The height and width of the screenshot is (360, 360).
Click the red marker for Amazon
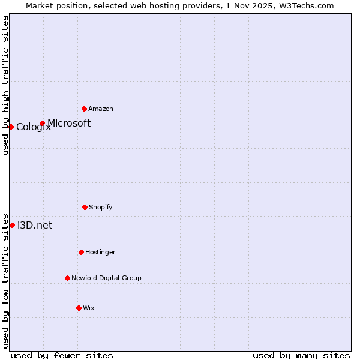click(85, 109)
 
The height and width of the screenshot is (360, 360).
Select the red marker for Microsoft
click(42, 123)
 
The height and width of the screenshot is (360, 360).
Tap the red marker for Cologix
click(11, 127)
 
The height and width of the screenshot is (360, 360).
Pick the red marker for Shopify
click(85, 207)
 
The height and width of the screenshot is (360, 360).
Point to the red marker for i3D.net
click(12, 225)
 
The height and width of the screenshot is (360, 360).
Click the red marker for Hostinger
click(81, 252)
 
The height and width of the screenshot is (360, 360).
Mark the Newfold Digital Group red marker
click(67, 278)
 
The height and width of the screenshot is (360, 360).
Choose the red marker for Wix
click(79, 308)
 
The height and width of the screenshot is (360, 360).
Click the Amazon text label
click(101, 109)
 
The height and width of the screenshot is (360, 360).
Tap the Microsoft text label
click(69, 123)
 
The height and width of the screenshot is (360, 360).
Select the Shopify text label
click(101, 207)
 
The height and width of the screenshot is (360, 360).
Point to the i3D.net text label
click(35, 225)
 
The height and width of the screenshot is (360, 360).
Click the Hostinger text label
click(100, 252)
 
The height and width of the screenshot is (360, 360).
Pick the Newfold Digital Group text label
click(106, 278)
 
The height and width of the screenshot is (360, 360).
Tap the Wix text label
click(89, 308)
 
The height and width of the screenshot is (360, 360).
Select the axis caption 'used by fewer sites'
click(62, 355)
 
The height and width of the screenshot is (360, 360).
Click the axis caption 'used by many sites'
click(301, 355)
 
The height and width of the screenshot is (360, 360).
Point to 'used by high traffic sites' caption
click(5, 85)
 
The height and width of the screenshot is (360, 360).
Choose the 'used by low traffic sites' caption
click(5, 281)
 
